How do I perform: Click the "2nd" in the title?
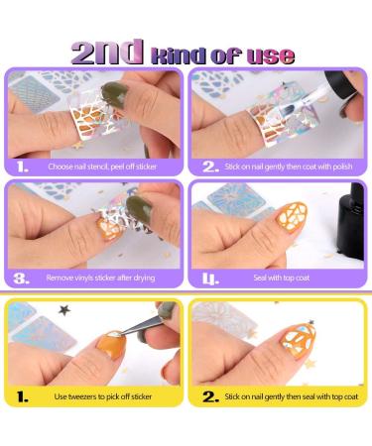click(107, 53)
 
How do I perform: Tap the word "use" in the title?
click(271, 56)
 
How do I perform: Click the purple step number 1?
click(22, 167)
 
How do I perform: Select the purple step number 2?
click(210, 167)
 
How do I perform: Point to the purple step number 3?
click(22, 279)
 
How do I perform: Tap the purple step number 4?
click(210, 279)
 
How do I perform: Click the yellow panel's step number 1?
click(22, 396)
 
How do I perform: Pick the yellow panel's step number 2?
click(210, 396)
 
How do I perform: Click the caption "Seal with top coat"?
click(282, 278)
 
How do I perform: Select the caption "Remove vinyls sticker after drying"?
click(100, 278)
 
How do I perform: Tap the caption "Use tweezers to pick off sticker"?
click(103, 396)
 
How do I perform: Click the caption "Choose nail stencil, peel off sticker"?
click(102, 167)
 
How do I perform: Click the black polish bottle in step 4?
click(351, 221)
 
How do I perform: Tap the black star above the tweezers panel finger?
click(64, 310)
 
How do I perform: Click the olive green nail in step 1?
click(114, 93)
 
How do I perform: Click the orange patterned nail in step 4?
click(292, 217)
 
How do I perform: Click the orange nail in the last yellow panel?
click(298, 340)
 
